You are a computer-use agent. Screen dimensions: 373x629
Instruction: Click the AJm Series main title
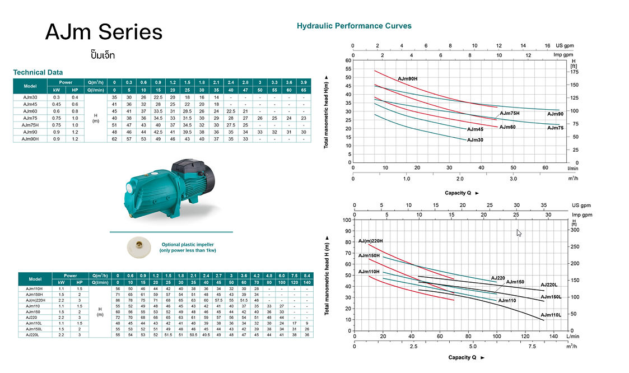coord(104,32)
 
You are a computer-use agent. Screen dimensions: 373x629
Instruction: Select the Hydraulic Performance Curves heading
coord(353,26)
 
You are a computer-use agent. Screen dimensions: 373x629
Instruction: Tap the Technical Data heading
coord(38,72)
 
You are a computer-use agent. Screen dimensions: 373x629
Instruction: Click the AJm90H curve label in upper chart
coord(408,79)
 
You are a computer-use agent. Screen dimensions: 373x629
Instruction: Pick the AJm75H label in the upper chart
coord(510,114)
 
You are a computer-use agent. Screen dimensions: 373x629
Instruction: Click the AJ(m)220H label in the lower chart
coord(371,241)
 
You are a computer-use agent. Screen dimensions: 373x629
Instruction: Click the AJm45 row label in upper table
coord(30,104)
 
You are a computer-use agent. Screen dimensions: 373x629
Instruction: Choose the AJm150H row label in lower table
coord(34,294)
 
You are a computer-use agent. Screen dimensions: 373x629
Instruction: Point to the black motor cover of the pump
coord(187,166)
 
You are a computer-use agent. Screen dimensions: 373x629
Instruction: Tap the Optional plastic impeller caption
coord(187,248)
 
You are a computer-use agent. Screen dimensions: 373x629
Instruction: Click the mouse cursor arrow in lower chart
coord(519,232)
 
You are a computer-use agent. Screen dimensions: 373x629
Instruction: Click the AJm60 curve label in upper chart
coord(507,127)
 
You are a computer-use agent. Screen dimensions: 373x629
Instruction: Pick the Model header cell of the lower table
coord(35,279)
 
